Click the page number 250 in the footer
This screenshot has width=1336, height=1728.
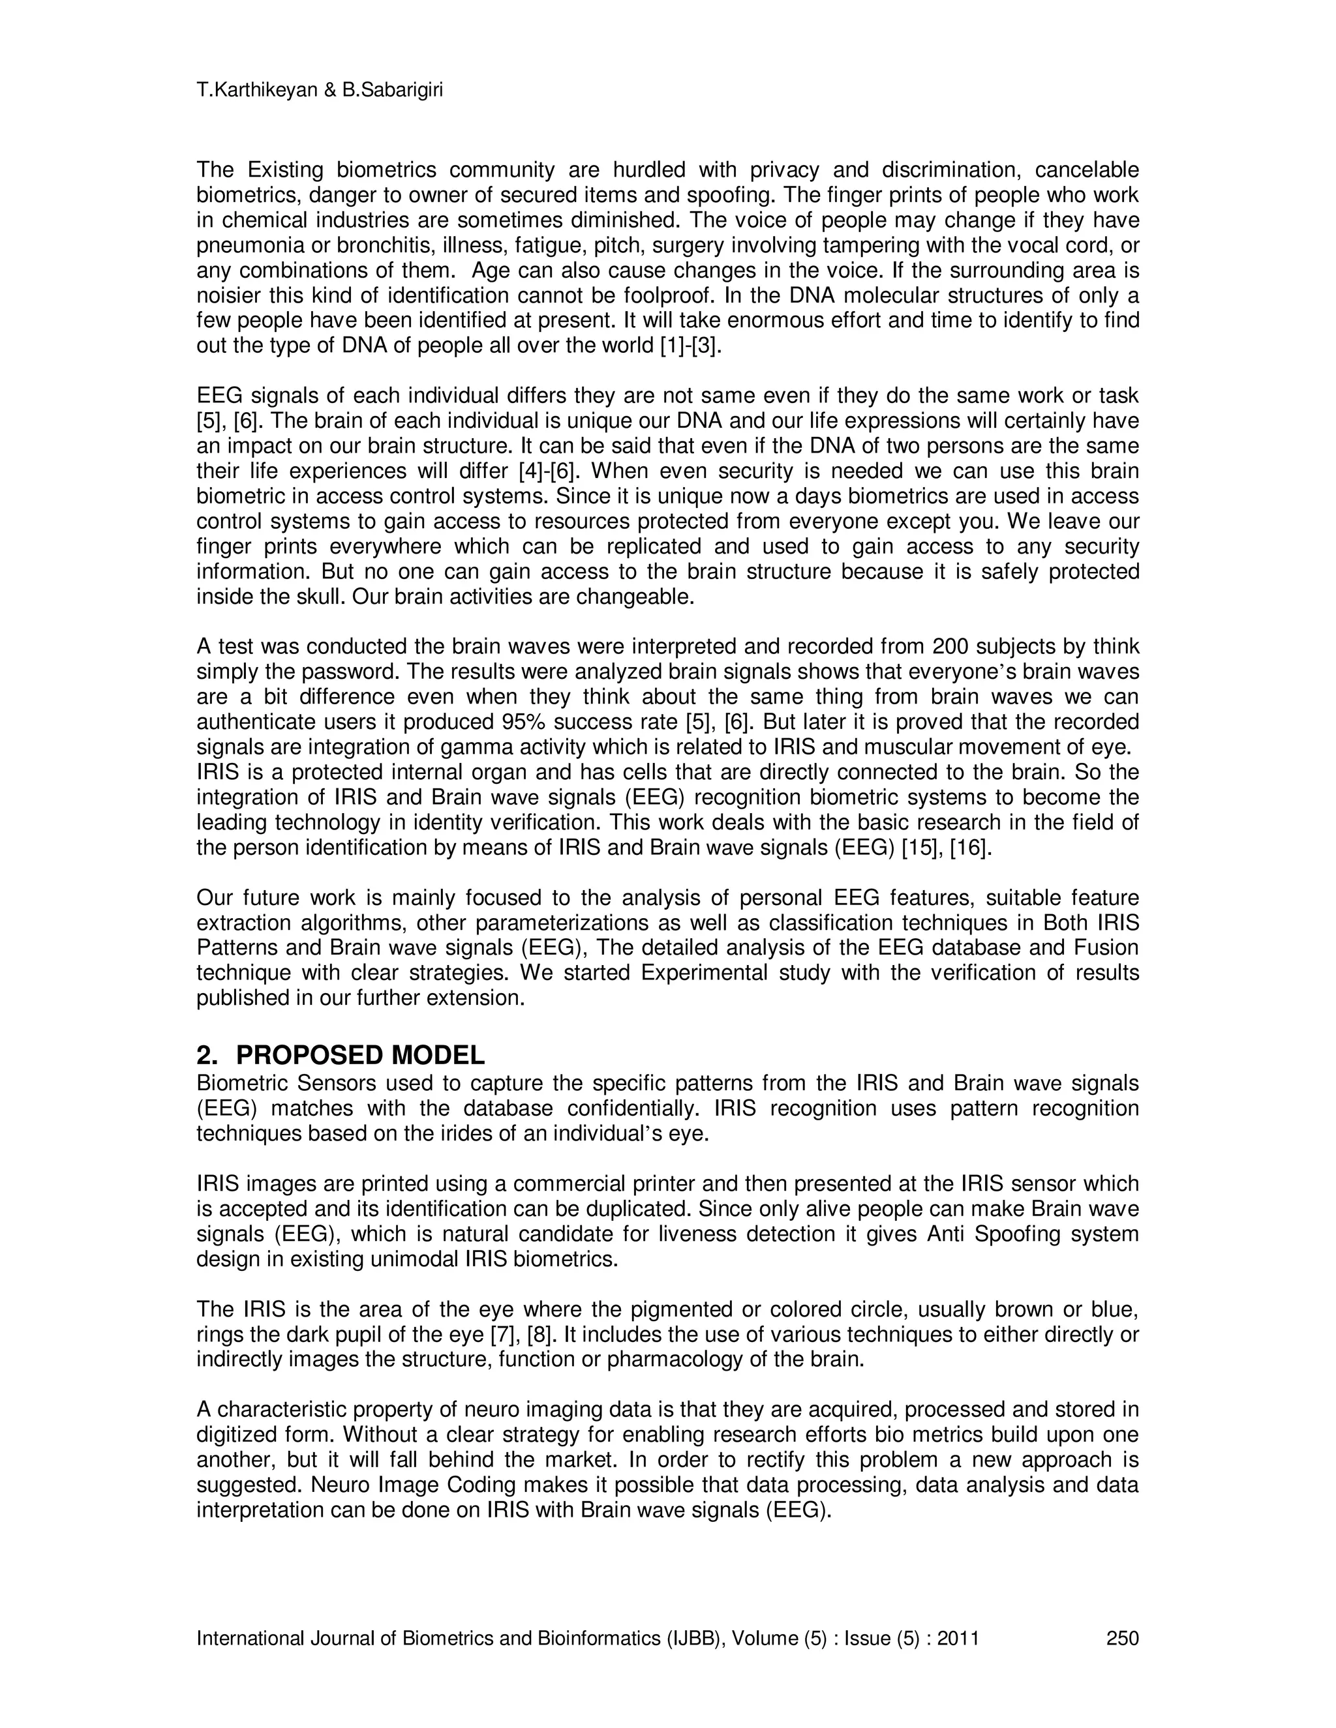(1121, 1638)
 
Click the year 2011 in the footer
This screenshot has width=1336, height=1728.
(958, 1638)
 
